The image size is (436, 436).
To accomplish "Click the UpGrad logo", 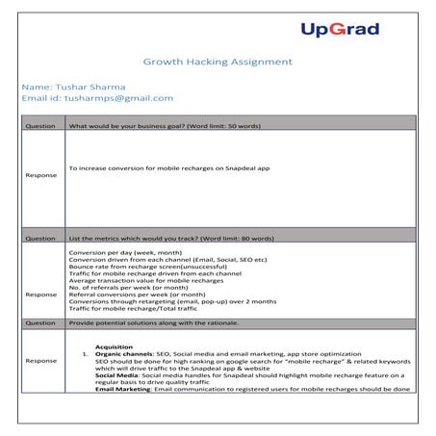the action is pyautogui.click(x=340, y=29).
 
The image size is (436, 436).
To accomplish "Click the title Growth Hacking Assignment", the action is pyautogui.click(x=218, y=62).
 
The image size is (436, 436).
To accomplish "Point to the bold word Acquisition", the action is pyautogui.click(x=114, y=346).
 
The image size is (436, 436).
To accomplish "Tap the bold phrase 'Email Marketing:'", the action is pyautogui.click(x=122, y=389).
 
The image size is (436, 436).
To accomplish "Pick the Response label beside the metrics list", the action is pyautogui.click(x=40, y=294).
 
